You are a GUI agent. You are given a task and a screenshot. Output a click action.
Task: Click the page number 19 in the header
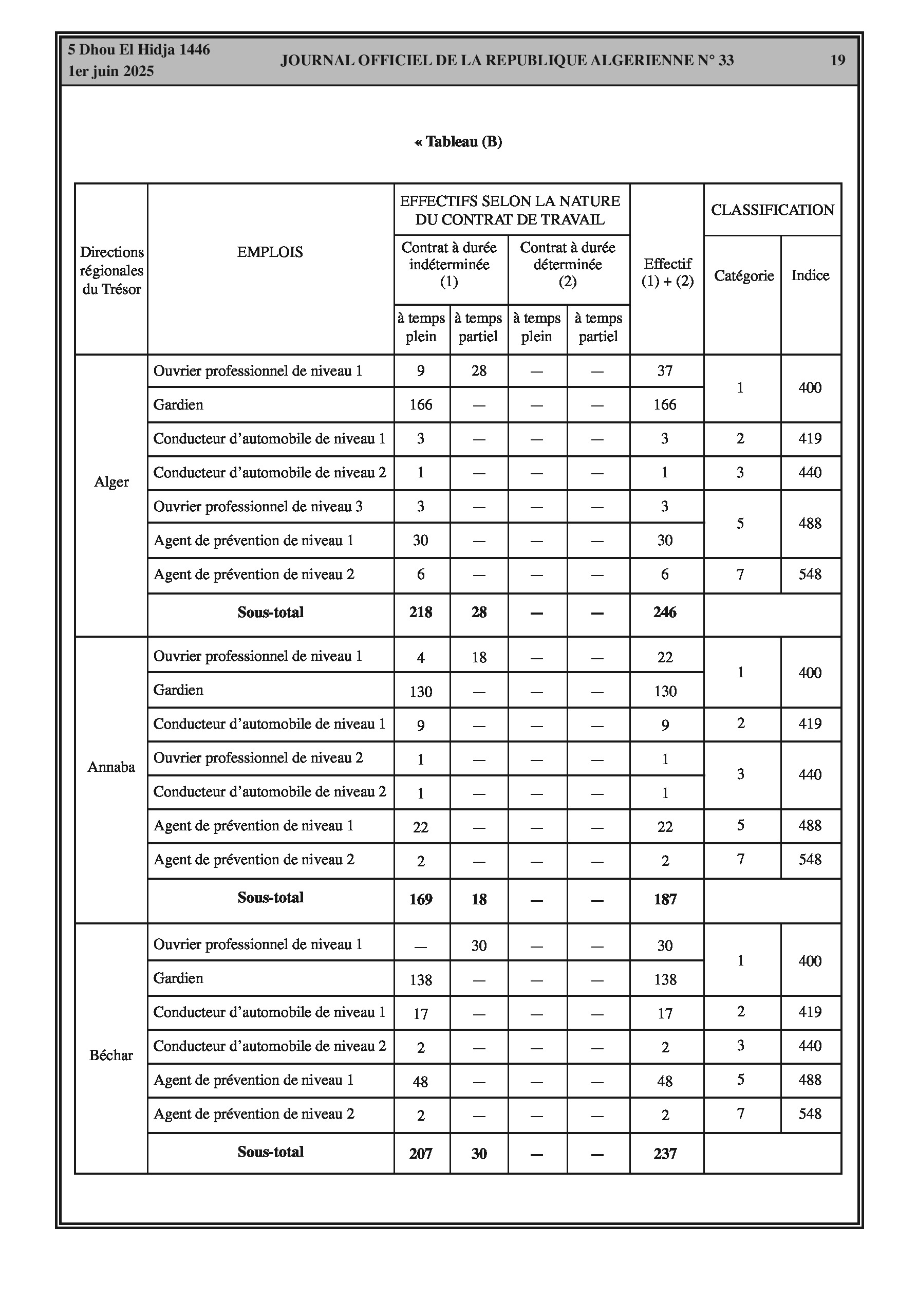tap(837, 61)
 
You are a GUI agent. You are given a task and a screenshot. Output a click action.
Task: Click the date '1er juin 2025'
tap(111, 71)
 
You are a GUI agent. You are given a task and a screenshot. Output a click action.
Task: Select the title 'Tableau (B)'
tap(458, 141)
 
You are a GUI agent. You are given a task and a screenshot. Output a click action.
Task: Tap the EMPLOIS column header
tap(270, 252)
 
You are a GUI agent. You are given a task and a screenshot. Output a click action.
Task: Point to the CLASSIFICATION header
tap(772, 210)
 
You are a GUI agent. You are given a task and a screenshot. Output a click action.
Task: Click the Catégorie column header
tap(743, 275)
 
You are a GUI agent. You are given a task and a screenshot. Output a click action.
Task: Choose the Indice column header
tap(810, 275)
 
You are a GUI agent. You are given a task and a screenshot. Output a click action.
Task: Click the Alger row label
tap(111, 482)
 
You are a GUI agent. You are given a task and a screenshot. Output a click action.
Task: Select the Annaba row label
tap(111, 767)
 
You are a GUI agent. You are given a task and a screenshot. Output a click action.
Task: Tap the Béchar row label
tap(111, 1055)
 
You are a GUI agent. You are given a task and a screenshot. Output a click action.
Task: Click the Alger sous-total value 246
tap(665, 612)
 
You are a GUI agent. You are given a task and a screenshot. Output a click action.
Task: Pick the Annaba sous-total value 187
tap(665, 899)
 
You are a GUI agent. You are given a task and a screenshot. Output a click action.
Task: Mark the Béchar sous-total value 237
tap(665, 1154)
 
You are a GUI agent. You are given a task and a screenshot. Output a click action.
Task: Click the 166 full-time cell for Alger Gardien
tap(421, 405)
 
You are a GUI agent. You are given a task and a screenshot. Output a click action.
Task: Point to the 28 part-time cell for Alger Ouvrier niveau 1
tap(479, 371)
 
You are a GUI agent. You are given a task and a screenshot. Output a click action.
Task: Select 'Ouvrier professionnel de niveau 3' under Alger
tap(258, 507)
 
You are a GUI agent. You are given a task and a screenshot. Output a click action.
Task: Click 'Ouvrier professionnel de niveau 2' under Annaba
tap(258, 758)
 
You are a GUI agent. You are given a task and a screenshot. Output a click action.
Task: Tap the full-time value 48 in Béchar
tap(421, 1082)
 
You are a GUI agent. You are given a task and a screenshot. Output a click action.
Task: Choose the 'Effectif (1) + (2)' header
tap(667, 272)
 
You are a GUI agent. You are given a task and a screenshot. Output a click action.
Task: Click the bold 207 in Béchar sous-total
tap(421, 1154)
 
